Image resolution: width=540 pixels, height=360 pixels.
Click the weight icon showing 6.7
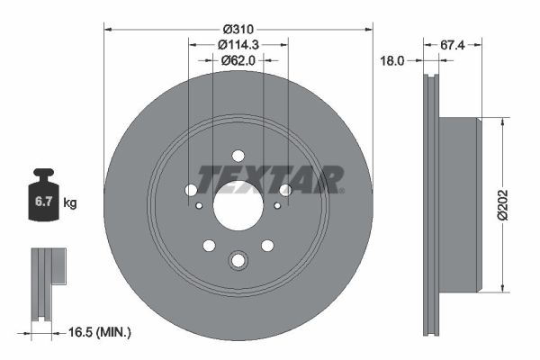pos(42,198)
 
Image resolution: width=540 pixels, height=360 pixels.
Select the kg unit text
pos(70,203)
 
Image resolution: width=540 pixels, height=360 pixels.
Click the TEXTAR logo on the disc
pos(270,179)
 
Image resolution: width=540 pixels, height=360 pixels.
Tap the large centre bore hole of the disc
pos(238,203)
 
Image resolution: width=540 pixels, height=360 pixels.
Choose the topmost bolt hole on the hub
pos(238,155)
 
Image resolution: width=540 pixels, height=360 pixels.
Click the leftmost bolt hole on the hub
pos(192,190)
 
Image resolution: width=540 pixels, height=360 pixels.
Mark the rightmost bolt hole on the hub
pos(285,190)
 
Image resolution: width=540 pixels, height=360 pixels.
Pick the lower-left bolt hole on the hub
pos(209,246)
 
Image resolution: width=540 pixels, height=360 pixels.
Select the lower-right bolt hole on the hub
pos(267,246)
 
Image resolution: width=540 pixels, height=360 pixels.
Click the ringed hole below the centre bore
pos(238,261)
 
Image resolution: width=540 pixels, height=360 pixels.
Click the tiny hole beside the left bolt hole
pos(199,204)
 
